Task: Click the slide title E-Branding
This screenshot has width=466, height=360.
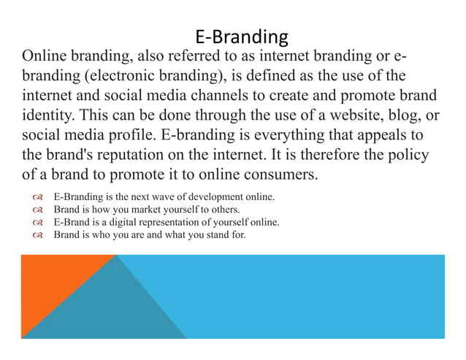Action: [x=242, y=36]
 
